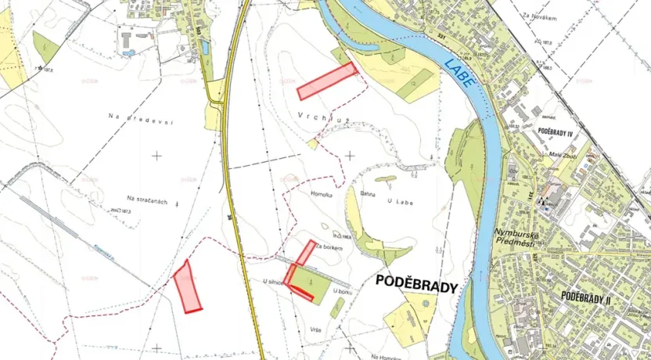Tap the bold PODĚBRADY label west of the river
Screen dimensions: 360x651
click(416, 285)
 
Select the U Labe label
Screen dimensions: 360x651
click(401, 200)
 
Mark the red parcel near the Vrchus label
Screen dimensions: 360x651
click(327, 81)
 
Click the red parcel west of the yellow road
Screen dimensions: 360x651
click(187, 286)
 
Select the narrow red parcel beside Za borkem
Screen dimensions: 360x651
click(304, 252)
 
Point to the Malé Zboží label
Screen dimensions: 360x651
click(566, 154)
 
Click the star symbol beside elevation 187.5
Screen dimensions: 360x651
click(40, 68)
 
